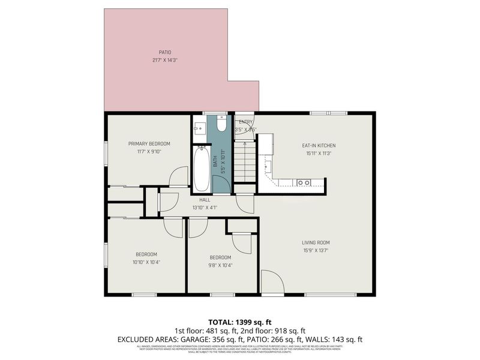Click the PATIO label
tap(164, 52)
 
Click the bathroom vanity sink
tap(200, 127)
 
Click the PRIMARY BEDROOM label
tap(149, 143)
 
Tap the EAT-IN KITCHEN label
tap(318, 145)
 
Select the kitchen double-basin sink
tap(304, 182)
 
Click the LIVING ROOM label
tap(316, 242)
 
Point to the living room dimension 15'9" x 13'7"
tap(316, 250)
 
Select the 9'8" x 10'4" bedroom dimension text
tap(220, 265)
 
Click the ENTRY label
tap(245, 122)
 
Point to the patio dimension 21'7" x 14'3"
tap(164, 60)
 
